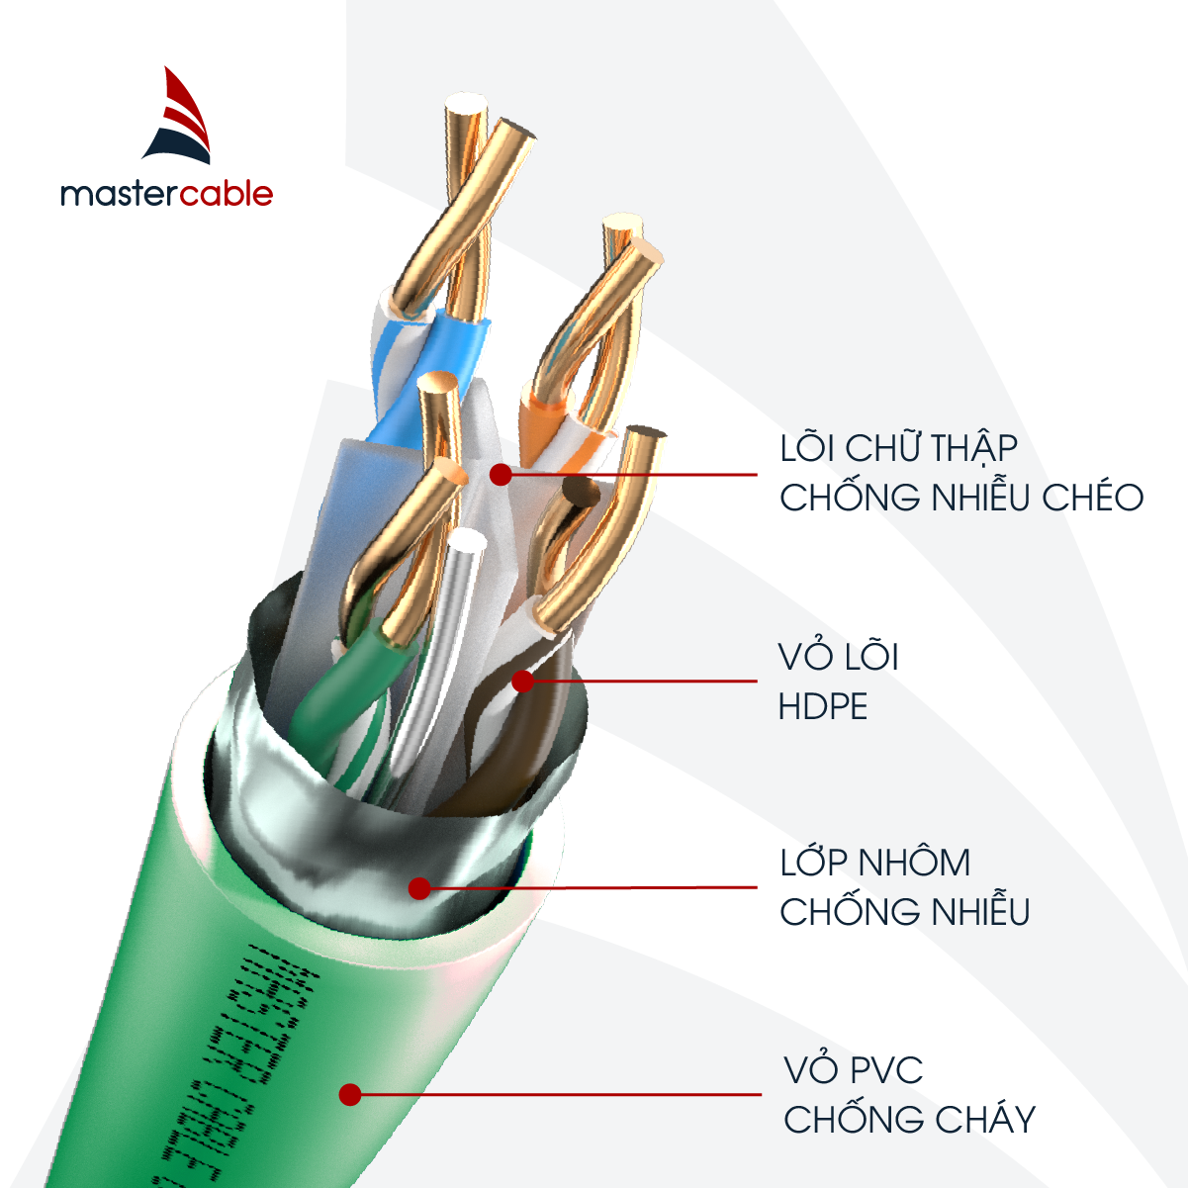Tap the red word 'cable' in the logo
pos(226,193)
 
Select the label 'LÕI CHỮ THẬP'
pos(898,448)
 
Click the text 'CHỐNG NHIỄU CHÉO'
pos(960,498)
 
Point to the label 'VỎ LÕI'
pos(838,658)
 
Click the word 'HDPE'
pos(823,707)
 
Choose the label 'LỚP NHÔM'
pos(874,863)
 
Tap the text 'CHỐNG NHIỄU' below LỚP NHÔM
pos(904,912)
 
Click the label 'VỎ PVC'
pos(854,1070)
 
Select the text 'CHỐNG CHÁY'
pos(909,1120)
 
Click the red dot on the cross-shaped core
pos(501,475)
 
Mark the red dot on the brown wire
pos(522,681)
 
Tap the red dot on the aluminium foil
pos(419,887)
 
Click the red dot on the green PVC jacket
pos(348,1094)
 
